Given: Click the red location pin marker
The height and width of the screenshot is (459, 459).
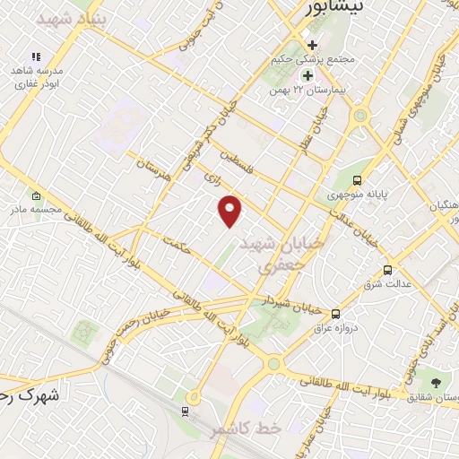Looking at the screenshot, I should [x=230, y=210].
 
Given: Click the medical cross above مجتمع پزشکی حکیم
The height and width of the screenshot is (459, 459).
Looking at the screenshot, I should [x=311, y=45].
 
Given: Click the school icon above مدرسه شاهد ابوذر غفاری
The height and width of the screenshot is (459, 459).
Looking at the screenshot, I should [x=36, y=57].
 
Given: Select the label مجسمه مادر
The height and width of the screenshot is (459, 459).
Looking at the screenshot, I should [x=35, y=212].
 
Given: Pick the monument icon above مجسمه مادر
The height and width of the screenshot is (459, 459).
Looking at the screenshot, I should [x=35, y=196].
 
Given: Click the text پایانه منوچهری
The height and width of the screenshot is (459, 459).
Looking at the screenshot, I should [x=351, y=194].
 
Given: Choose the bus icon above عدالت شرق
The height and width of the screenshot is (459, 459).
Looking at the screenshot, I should [x=387, y=269].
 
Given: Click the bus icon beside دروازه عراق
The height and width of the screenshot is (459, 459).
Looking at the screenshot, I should [x=335, y=314].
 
